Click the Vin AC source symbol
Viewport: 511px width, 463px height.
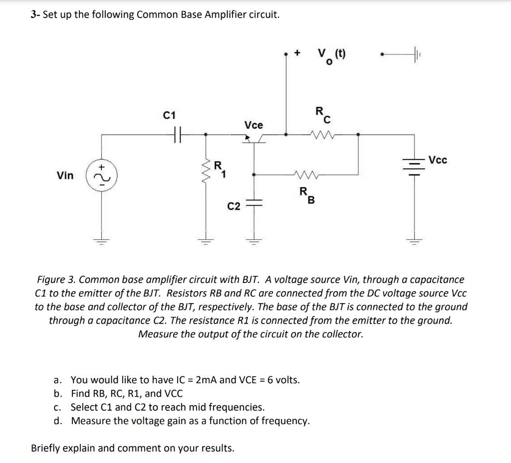tap(101, 175)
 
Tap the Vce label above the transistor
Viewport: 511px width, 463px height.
tap(254, 125)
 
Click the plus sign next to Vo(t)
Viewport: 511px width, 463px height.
tap(298, 52)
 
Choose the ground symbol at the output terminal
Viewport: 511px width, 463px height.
tap(415, 52)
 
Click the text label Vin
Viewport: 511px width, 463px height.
tap(65, 175)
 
